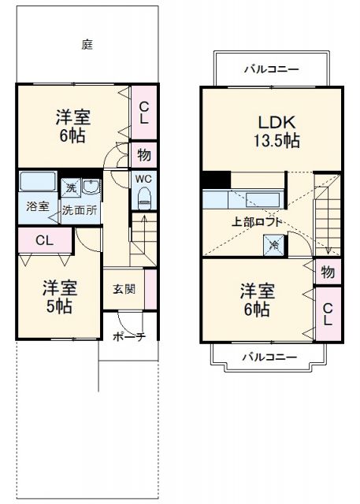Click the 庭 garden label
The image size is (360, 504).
point(87,44)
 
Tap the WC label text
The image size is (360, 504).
point(143,180)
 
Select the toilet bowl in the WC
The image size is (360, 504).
point(143,199)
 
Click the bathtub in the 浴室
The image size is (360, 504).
point(38,182)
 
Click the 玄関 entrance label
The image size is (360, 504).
point(122,288)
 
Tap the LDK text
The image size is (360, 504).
point(275,122)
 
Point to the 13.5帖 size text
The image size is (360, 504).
point(275,141)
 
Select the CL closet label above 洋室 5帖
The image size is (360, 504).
point(43,241)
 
